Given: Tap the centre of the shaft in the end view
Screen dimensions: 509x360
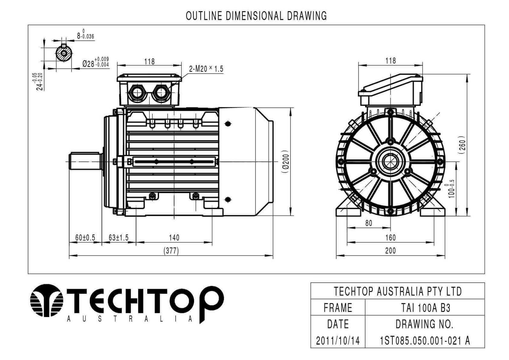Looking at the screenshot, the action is [x=390, y=162].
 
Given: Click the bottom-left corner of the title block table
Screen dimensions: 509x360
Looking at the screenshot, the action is [x=310, y=348].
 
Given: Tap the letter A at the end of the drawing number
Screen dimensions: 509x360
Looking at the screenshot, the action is [x=467, y=341].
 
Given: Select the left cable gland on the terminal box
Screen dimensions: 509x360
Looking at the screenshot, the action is [x=137, y=93].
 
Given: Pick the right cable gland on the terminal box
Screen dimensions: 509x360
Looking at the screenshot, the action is [x=161, y=93].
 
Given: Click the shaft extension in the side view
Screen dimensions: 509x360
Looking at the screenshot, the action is [x=85, y=161].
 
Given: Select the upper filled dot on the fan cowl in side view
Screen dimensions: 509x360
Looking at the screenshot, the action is [x=228, y=124].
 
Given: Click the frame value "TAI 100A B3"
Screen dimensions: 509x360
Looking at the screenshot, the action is [x=425, y=308].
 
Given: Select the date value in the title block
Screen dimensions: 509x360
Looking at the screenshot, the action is [x=338, y=341].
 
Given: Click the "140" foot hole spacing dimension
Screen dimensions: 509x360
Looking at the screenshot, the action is [x=174, y=238].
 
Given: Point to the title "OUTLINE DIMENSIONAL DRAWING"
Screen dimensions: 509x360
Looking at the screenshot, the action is [x=256, y=16].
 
